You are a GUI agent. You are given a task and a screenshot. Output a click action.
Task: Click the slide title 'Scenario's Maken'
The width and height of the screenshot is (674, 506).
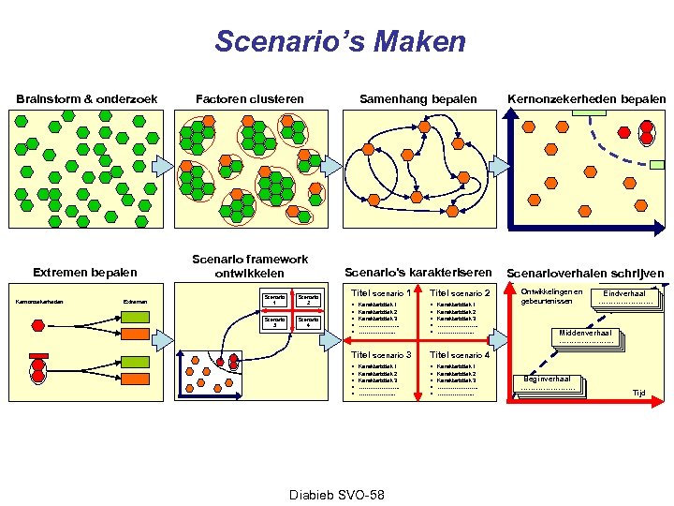point(339,42)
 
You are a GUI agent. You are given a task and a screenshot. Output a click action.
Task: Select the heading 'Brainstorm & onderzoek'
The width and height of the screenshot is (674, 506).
point(86,98)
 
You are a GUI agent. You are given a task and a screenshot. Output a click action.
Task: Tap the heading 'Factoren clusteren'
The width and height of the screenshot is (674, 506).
point(249,98)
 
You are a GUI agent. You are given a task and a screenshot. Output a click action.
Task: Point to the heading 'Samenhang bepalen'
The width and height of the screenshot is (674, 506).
point(418,98)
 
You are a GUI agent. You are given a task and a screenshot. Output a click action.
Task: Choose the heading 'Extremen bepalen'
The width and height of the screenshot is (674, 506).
point(84,273)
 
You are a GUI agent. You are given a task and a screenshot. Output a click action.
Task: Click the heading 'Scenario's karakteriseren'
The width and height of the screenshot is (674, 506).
point(418,273)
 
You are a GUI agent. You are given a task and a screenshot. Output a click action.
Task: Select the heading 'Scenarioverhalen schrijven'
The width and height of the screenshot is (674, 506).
point(585,274)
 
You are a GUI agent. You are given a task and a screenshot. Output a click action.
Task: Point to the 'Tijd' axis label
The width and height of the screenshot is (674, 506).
point(639,393)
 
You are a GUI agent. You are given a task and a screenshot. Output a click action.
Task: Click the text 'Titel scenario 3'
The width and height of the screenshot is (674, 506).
point(381,355)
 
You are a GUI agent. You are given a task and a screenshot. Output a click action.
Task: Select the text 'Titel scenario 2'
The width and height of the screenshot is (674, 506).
point(461,294)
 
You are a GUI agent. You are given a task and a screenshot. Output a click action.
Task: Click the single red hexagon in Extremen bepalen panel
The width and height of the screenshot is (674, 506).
point(37,325)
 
